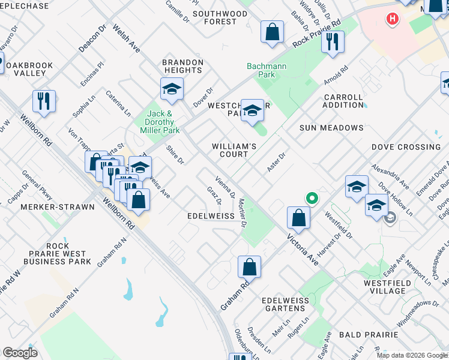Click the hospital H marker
coord(393,19)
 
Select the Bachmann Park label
coord(261,70)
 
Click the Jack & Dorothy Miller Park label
coord(160,122)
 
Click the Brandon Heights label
coord(183,66)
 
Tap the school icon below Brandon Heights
coord(172,89)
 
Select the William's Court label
coord(234,150)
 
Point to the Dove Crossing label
coord(406,147)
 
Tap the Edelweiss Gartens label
coord(283,304)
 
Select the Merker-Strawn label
coord(58,207)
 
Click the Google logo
coord(20,353)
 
